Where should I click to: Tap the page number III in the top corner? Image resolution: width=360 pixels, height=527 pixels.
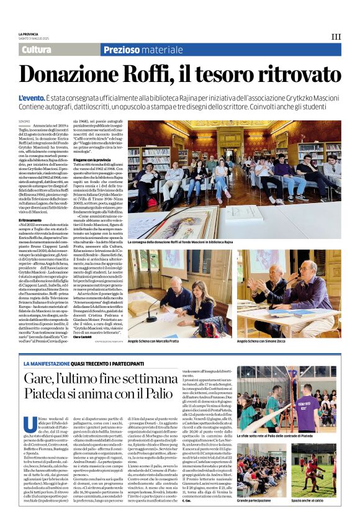pyautogui.click(x=336, y=37)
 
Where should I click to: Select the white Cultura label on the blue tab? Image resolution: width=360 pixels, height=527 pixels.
pyautogui.click(x=36, y=50)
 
